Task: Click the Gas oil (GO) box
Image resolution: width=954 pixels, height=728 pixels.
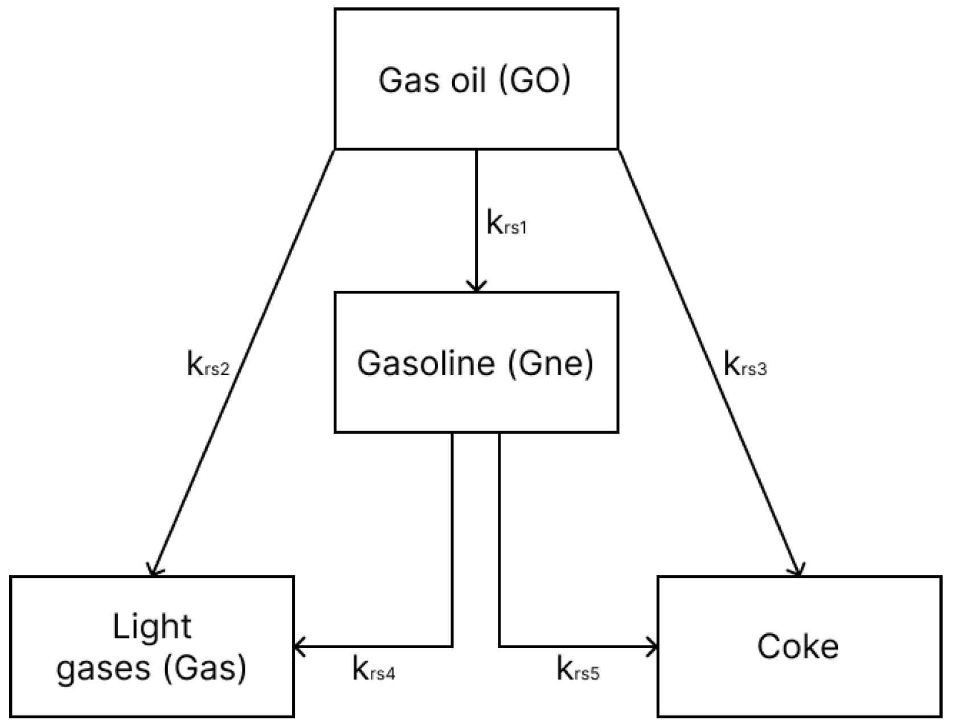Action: [476, 79]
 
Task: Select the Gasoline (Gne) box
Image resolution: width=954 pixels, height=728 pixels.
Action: [476, 363]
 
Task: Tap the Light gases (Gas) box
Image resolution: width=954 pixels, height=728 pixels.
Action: [152, 647]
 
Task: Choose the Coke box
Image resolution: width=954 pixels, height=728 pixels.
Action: [799, 647]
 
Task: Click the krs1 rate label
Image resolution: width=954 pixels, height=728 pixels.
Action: [507, 223]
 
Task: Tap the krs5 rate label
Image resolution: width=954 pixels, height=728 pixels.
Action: [578, 670]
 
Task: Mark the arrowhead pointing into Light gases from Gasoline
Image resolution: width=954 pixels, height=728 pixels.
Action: [300, 646]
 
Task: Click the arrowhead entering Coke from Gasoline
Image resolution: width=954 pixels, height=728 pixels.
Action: [653, 646]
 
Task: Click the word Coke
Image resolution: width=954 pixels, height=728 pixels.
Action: [797, 647]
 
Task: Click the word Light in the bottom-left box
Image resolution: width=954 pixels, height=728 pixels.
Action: [152, 627]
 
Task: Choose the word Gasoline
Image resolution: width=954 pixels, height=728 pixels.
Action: [425, 363]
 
